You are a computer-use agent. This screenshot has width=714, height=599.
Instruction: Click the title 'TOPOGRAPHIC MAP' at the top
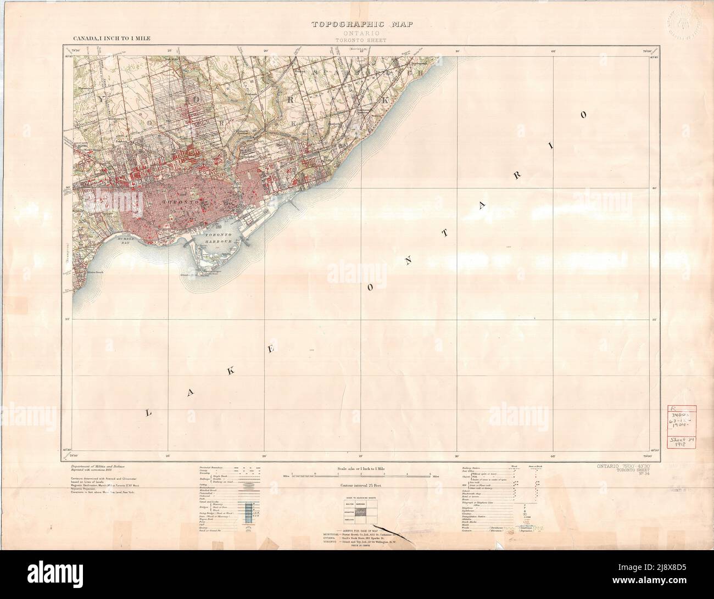[x=361, y=24]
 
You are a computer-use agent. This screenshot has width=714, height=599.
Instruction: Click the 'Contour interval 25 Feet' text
[x=361, y=486]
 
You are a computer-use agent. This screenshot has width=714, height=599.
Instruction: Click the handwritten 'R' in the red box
[x=675, y=409]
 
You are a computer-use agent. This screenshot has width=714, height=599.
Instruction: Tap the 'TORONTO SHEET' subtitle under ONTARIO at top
[x=361, y=40]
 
